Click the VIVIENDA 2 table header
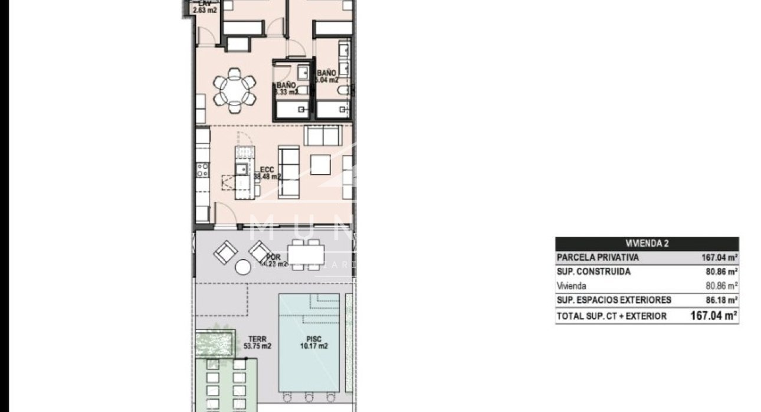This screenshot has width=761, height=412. (x=647, y=243)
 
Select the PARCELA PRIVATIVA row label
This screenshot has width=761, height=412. (x=598, y=258)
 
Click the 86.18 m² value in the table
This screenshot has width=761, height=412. (x=721, y=300)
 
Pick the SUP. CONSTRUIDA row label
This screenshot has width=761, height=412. (x=593, y=272)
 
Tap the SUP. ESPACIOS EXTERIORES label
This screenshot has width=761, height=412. (x=614, y=300)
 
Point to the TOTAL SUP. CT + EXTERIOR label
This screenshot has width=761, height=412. (x=611, y=316)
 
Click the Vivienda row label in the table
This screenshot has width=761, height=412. (x=572, y=286)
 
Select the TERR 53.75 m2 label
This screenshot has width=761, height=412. (x=257, y=343)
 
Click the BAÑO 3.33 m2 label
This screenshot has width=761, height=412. (x=286, y=89)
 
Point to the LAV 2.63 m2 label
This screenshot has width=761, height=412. (x=204, y=6)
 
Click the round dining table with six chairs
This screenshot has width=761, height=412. (x=234, y=90)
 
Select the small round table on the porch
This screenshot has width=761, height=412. (x=242, y=267)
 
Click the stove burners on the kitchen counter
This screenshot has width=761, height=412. (x=202, y=170)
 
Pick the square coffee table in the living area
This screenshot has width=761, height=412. (x=321, y=164)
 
